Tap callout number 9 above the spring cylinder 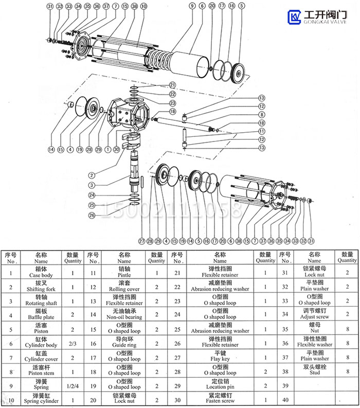coord(192,6)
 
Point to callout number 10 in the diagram coord(143,6)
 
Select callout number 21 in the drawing coord(173,85)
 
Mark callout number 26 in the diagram coord(92,215)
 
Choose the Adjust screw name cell coord(314,316)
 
